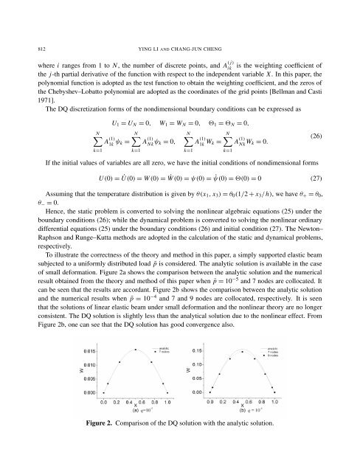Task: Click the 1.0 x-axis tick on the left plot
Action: pyautogui.click(x=167, y=403)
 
